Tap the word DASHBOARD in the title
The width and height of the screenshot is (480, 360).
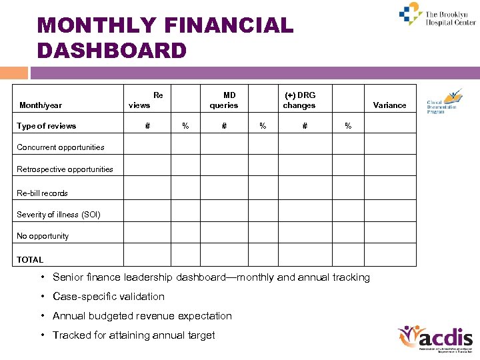point(112,50)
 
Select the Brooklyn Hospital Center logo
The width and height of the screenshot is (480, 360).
point(437,15)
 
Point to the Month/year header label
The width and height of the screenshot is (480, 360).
point(41,105)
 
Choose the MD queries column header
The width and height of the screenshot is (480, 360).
point(224,100)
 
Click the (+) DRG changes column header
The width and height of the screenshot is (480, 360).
point(299,100)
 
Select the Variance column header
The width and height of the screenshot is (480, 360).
point(389,105)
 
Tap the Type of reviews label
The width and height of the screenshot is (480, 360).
point(47,126)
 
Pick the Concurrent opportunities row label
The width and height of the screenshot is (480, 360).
point(61,147)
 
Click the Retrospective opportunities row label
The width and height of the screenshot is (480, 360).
point(65,169)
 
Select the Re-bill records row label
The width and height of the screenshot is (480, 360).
point(42,193)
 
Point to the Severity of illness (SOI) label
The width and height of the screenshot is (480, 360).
point(59,215)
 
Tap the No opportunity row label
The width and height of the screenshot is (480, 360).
point(43,236)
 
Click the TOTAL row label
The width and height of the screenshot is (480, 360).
point(30,260)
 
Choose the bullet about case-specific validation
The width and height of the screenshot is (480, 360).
point(108,297)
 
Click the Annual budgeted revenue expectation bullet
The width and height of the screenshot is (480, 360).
point(142,316)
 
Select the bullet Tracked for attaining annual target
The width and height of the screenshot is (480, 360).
point(133,335)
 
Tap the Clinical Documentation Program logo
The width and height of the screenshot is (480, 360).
point(443,101)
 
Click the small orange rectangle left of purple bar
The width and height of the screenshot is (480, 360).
point(14,73)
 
